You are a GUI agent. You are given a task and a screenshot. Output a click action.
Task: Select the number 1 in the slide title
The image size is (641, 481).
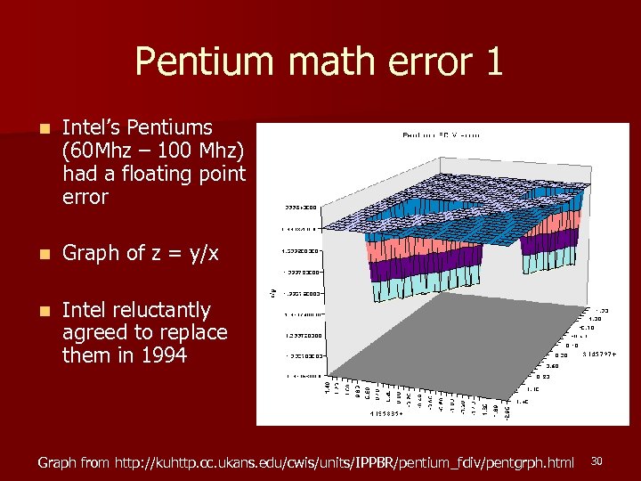pyautogui.click(x=493, y=61)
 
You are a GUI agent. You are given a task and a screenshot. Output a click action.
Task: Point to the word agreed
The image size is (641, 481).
pyautogui.click(x=93, y=333)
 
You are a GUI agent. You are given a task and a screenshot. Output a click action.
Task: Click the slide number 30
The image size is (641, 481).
pyautogui.click(x=597, y=461)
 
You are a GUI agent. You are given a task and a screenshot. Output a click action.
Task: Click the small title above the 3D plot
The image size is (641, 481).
pyautogui.click(x=442, y=135)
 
